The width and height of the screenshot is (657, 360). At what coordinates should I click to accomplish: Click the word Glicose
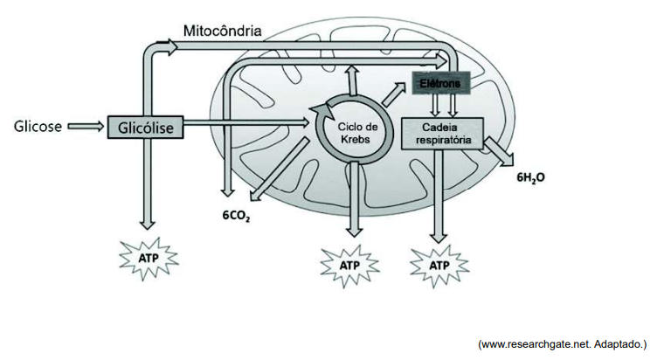pos(38,126)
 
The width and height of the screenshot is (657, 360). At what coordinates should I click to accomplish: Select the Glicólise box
pos(145,128)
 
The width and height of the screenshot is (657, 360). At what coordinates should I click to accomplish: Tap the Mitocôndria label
pos(223,31)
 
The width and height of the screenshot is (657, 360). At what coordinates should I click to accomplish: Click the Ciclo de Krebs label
pos(357,133)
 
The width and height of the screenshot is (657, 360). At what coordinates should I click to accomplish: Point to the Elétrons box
pos(441,83)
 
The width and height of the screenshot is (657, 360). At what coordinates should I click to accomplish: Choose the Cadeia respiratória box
pos(442,134)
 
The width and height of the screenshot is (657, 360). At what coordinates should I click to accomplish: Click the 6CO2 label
pos(236,216)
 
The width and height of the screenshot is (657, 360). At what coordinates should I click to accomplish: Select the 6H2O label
pos(531,177)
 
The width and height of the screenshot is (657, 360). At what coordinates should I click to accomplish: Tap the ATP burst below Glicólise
pos(149,258)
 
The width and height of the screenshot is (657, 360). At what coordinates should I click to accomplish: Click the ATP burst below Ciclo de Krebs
pos(349,266)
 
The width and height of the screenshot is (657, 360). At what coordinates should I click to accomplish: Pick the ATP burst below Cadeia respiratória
pos(439,266)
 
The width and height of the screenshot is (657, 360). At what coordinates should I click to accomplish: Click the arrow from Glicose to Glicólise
pos(86,126)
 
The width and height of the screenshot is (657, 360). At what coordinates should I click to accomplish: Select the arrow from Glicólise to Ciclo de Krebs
pos(246,122)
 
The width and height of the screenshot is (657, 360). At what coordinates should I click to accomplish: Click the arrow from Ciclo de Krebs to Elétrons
pos(394,93)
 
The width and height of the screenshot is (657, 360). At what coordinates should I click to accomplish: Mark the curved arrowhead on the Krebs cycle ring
pos(320,111)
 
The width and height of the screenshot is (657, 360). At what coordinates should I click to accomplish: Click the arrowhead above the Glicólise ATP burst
pos(147,224)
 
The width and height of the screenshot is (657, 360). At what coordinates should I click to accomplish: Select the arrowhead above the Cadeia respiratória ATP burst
pos(439,237)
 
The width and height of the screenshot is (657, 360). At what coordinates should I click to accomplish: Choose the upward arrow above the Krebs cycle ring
pos(352,80)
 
